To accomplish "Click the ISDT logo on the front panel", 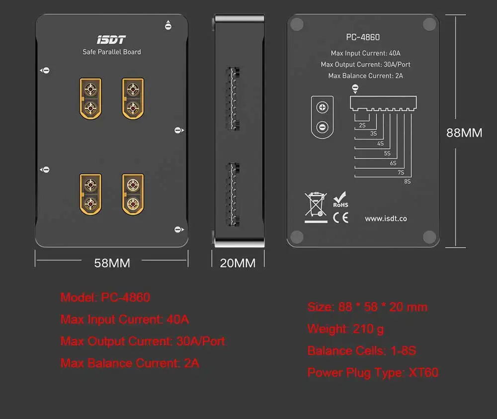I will click(111, 40).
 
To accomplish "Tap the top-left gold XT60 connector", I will click(90, 98).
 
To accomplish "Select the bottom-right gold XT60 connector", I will click(133, 194).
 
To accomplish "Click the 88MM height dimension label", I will click(464, 133).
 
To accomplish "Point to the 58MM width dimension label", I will click(112, 263).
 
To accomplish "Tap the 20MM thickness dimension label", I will click(238, 263).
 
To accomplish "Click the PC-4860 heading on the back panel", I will click(363, 37).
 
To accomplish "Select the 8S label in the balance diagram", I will click(407, 182).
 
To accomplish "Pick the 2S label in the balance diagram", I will click(362, 126).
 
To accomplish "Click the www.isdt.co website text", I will click(386, 219).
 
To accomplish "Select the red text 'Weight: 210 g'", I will click(345, 329).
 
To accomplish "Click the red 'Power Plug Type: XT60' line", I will click(373, 373).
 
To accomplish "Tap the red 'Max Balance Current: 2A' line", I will click(130, 363).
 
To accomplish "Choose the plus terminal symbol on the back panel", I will click(322, 107).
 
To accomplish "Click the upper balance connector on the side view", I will click(233, 98).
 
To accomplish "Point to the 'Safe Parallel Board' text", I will click(111, 52).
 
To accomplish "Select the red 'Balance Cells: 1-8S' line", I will click(361, 351).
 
